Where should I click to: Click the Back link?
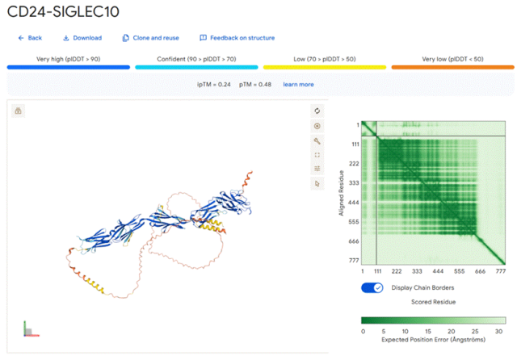pyautogui.click(x=30, y=38)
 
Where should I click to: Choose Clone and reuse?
pyautogui.click(x=151, y=38)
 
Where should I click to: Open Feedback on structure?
pyautogui.click(x=237, y=38)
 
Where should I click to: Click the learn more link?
pyautogui.click(x=298, y=84)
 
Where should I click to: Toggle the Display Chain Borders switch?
pyautogui.click(x=372, y=288)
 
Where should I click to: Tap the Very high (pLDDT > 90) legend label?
pyautogui.click(x=69, y=59)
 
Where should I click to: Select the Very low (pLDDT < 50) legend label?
pyautogui.click(x=452, y=59)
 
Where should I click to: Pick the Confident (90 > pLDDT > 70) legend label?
pyautogui.click(x=196, y=59)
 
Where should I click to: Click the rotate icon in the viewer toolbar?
pyautogui.click(x=317, y=111)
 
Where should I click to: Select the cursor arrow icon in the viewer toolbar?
pyautogui.click(x=317, y=183)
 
